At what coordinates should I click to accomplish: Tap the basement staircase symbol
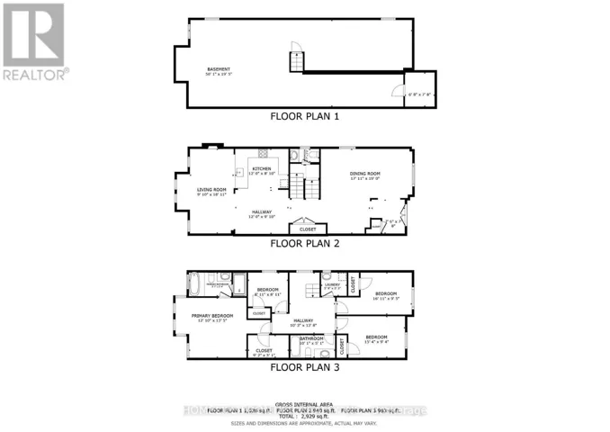coord(295,62)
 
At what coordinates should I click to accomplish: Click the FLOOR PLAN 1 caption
coord(304,116)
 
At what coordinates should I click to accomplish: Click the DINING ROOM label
coord(366,175)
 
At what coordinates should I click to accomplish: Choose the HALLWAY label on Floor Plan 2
coord(262,213)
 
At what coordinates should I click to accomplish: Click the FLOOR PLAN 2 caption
coord(304,242)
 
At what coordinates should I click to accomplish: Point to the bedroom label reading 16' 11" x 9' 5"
coord(386,296)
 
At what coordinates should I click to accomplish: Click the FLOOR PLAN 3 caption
coord(304,366)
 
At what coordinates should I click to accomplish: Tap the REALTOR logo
coord(34,40)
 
